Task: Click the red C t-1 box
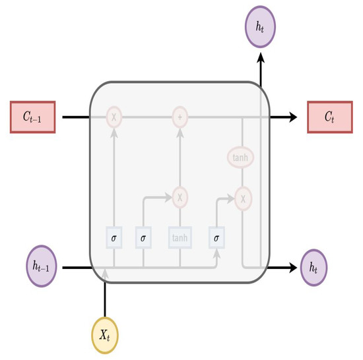point(30,117)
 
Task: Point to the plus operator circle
point(180,117)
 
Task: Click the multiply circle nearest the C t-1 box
point(114,117)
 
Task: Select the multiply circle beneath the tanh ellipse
point(244,196)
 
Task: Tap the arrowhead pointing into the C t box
point(292,117)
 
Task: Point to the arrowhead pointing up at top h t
point(261,58)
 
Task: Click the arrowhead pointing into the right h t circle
point(293,268)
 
